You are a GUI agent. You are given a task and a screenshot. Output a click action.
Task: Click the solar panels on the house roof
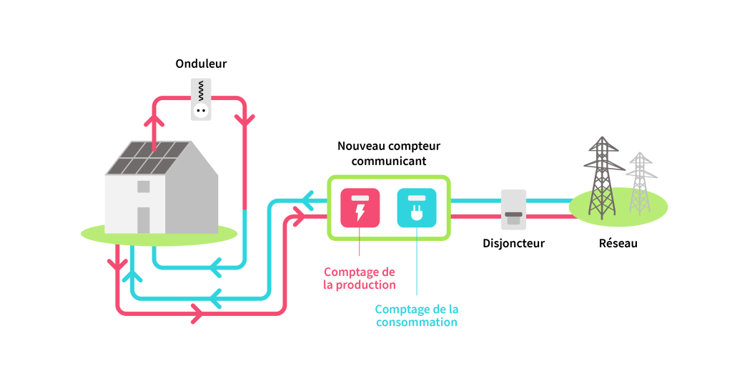[147, 158]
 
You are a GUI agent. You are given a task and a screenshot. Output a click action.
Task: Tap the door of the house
[144, 219]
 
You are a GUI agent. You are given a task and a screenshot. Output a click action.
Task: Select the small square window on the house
[144, 187]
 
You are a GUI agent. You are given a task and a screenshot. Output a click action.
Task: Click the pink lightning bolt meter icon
[360, 208]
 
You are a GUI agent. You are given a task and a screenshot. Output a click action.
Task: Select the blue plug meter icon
[417, 208]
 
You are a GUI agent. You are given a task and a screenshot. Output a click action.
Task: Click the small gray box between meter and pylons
[513, 209]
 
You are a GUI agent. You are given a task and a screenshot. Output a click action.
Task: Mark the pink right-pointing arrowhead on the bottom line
[195, 312]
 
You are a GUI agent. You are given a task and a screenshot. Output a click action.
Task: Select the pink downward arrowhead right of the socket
[245, 119]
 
